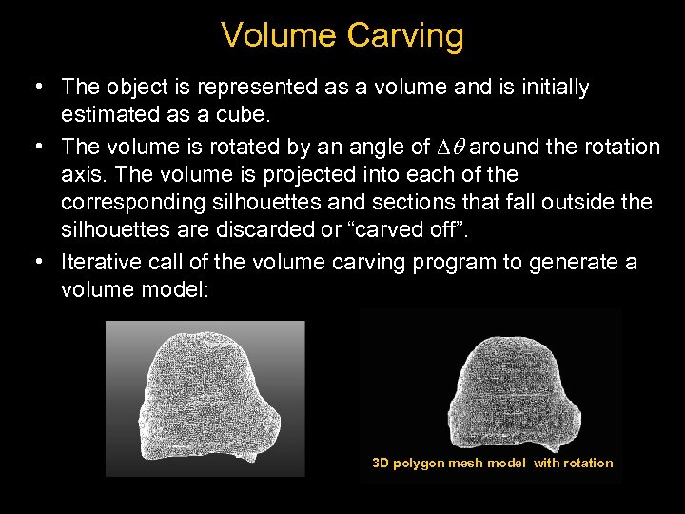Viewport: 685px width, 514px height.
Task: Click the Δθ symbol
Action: coord(451,147)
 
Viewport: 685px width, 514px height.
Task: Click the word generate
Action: coord(565,262)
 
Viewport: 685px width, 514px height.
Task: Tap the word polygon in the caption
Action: coord(422,464)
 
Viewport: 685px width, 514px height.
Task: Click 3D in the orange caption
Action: coord(381,464)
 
